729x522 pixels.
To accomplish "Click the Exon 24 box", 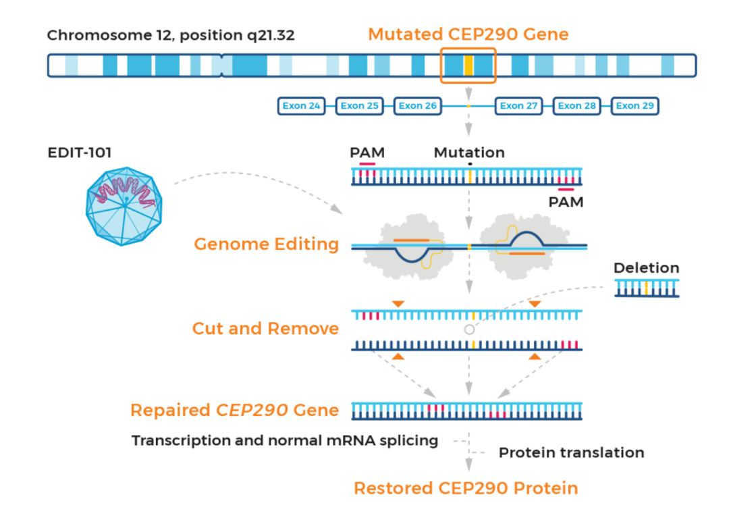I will pos(302,106).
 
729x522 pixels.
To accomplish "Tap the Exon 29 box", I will pos(634,106).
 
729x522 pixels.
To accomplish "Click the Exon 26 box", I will pos(417,106).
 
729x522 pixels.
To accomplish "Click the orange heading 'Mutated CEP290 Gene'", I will pos(468,34).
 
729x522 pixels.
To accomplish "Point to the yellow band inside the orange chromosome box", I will pos(468,66).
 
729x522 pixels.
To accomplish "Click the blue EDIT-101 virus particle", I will pos(124,203).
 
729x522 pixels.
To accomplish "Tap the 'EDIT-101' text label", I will pos(79,153).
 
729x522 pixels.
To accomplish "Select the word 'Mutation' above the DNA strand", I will pos(469,153).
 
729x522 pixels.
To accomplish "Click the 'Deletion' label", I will pos(646,268).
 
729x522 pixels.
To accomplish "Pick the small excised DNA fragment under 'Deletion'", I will pos(647,288).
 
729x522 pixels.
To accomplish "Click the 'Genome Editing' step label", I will pos(266,244).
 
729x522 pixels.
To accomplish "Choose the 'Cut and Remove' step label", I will pos(265,328).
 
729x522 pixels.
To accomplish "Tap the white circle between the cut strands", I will pos(469,330).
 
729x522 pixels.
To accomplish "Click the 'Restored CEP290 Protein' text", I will pos(466,488).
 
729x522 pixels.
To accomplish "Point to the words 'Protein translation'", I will pos(571,452).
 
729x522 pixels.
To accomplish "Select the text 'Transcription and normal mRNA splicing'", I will pos(284,441).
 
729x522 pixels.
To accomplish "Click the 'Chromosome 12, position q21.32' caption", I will pos(171,36).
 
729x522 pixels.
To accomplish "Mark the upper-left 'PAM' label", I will pos(367,153).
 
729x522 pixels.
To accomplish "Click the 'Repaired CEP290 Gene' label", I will pos(234,410).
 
